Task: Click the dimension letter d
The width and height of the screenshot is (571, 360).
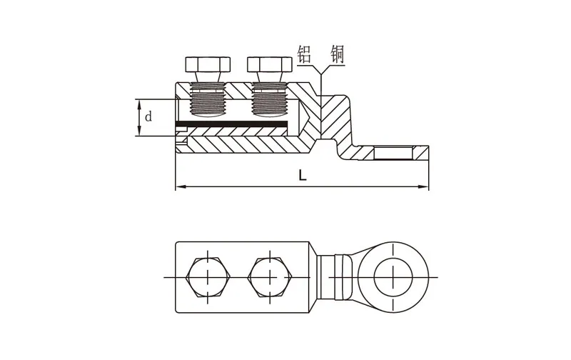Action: tap(148, 117)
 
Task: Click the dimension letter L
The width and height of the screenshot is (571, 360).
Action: tap(302, 176)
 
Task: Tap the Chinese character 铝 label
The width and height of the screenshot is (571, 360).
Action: tap(305, 54)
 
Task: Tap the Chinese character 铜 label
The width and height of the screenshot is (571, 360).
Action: tap(337, 54)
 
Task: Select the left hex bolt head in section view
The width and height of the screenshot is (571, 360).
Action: tap(208, 64)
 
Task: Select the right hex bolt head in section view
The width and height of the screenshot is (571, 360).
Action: tap(270, 64)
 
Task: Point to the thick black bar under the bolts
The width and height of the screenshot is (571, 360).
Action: tap(231, 124)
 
